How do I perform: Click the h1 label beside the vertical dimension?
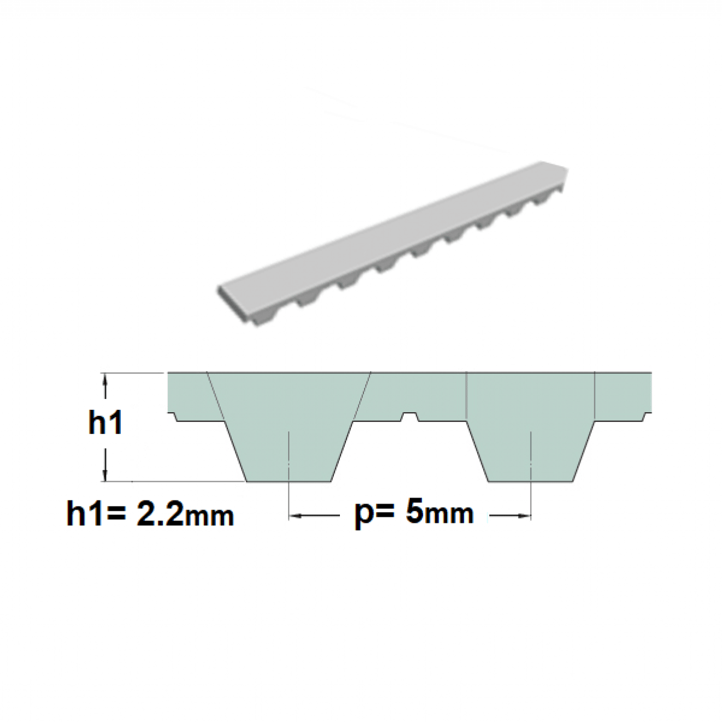click(105, 423)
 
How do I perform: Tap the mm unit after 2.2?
click(209, 517)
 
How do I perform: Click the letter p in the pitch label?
click(363, 516)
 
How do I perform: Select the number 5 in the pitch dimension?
click(415, 512)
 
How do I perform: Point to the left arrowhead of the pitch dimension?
click(295, 516)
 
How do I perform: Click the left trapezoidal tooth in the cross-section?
click(290, 421)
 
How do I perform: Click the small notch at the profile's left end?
click(171, 417)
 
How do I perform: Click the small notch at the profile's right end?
click(647, 417)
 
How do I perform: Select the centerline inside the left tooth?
click(290, 457)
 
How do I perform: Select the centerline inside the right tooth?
click(531, 457)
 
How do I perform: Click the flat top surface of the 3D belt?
click(391, 229)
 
